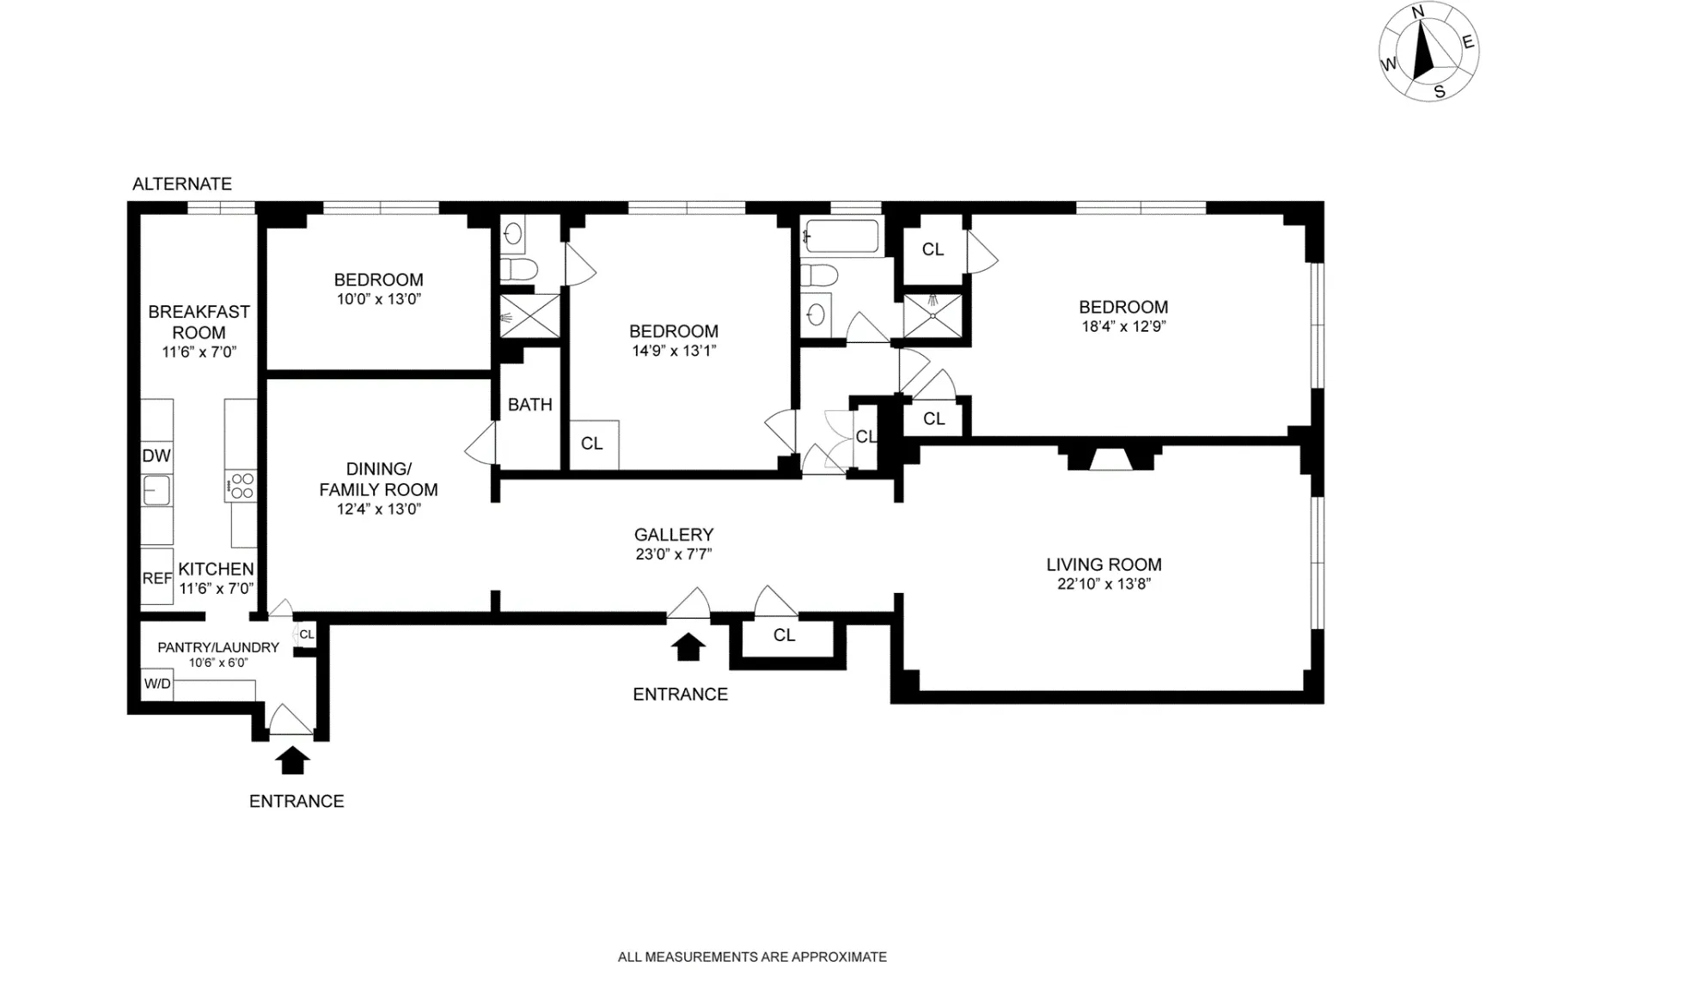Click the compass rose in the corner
point(1428,52)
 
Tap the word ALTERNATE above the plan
point(182,184)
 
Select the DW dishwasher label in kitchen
point(156,456)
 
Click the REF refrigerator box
point(156,578)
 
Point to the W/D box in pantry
point(157,684)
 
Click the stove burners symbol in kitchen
point(242,486)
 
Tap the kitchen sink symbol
point(156,491)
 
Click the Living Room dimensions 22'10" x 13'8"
point(1104,584)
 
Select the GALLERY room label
point(674,535)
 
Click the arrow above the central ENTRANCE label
point(688,646)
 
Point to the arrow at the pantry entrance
point(293,760)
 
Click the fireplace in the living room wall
point(1110,459)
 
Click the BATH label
point(529,405)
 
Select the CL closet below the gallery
point(784,635)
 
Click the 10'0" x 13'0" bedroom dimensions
point(378,300)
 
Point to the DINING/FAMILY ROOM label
point(378,480)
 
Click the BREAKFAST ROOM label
point(199,322)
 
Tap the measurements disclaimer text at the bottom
point(752,957)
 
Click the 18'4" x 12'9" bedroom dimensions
point(1123,327)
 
